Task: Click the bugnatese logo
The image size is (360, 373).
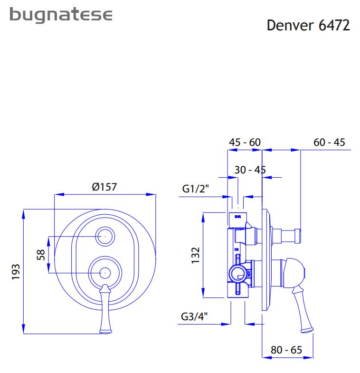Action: point(61,15)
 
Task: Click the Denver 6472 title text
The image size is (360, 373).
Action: point(308,25)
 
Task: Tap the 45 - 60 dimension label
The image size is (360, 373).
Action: point(245,142)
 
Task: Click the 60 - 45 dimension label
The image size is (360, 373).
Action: point(329,142)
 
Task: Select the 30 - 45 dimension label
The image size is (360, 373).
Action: point(250,170)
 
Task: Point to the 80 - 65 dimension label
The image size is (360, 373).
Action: point(286,350)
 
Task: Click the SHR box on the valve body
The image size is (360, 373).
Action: point(237,219)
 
